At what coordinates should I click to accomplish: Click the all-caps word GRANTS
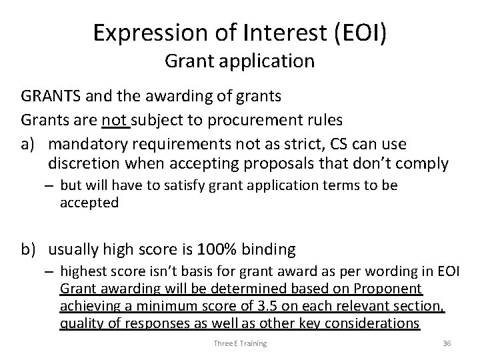click(49, 96)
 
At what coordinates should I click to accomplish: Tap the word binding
click(266, 249)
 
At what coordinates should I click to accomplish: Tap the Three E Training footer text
click(240, 343)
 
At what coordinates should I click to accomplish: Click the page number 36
click(446, 343)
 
